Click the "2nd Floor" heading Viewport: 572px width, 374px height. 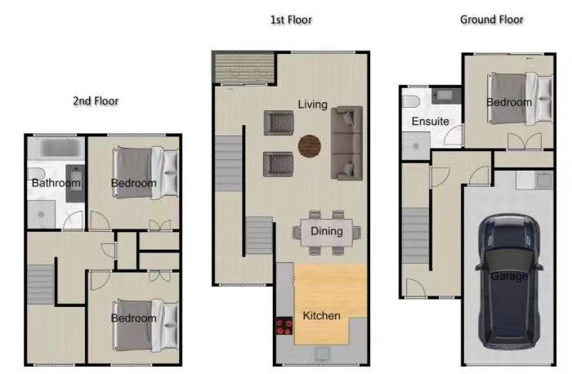(x=96, y=101)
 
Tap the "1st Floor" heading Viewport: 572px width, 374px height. (x=291, y=20)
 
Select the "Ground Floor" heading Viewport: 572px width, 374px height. (x=492, y=20)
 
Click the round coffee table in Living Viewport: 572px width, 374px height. (x=310, y=146)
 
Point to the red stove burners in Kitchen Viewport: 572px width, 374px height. (x=284, y=326)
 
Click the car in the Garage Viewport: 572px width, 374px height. (x=509, y=282)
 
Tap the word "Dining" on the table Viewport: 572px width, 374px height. (x=327, y=231)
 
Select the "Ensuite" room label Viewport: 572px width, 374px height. (x=430, y=121)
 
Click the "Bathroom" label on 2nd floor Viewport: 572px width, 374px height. (x=56, y=183)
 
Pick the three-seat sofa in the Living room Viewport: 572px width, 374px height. (x=346, y=143)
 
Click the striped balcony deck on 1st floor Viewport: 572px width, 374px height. (x=244, y=69)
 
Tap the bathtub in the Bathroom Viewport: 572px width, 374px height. (x=56, y=147)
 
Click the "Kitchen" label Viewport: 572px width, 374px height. (x=321, y=316)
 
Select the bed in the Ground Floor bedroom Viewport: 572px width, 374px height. (x=521, y=99)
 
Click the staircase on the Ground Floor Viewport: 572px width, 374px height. (x=415, y=236)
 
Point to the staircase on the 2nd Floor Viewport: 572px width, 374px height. (x=41, y=284)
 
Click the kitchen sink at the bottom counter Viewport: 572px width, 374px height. (x=321, y=354)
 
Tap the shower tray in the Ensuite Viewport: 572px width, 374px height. (x=416, y=146)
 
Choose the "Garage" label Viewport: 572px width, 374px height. (x=509, y=276)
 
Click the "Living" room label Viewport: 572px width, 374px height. (x=313, y=105)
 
